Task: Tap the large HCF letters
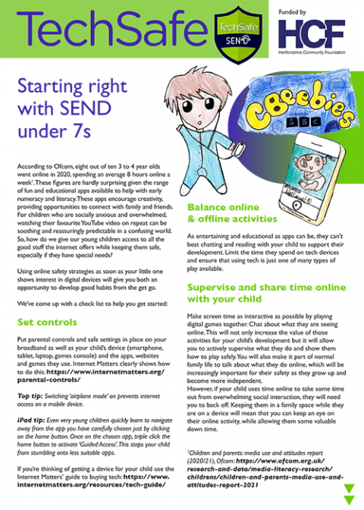tap(310, 34)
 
